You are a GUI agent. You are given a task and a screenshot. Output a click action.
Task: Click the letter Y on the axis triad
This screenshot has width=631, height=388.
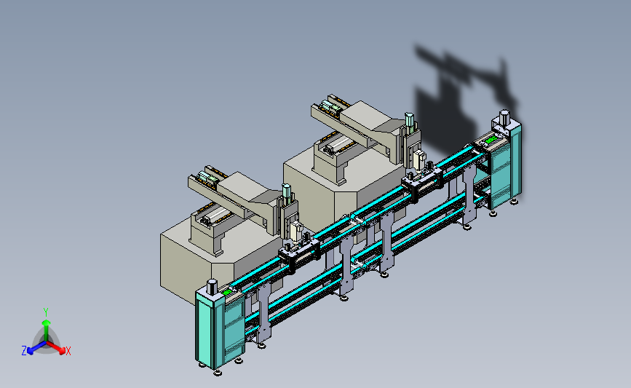[45, 312]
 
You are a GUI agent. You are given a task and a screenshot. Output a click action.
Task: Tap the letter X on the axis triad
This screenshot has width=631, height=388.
[68, 351]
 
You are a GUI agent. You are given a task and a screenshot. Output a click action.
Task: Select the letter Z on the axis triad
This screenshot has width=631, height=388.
[24, 351]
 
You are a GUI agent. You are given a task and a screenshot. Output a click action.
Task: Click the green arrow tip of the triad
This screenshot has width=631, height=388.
[46, 322]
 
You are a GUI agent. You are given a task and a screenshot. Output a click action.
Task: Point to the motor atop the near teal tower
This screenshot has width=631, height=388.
[212, 287]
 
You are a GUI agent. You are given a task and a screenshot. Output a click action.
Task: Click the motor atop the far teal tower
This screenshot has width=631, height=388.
[504, 117]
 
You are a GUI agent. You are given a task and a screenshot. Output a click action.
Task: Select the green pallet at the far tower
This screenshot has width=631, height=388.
[491, 140]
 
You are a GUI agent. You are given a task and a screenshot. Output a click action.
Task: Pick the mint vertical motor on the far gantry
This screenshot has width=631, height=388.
[409, 122]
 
